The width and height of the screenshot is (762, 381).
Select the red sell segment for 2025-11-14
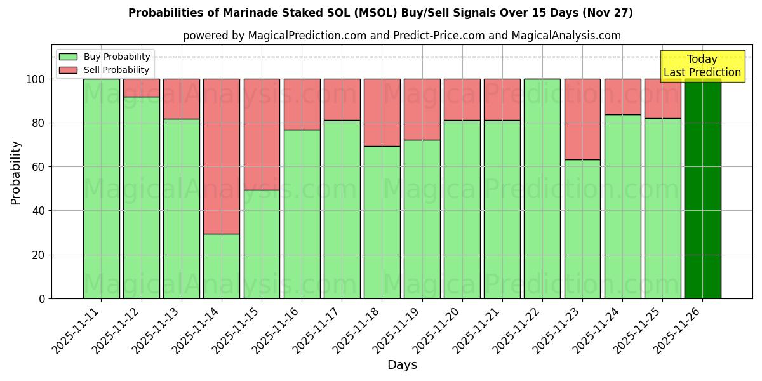(222, 156)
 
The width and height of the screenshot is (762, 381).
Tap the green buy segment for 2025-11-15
(262, 244)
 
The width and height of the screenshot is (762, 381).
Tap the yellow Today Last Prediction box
(702, 66)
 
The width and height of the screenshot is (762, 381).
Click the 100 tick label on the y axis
(36, 79)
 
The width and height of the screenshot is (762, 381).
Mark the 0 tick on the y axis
(42, 298)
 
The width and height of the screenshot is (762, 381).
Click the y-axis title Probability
(16, 173)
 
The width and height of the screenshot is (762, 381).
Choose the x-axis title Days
(402, 365)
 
